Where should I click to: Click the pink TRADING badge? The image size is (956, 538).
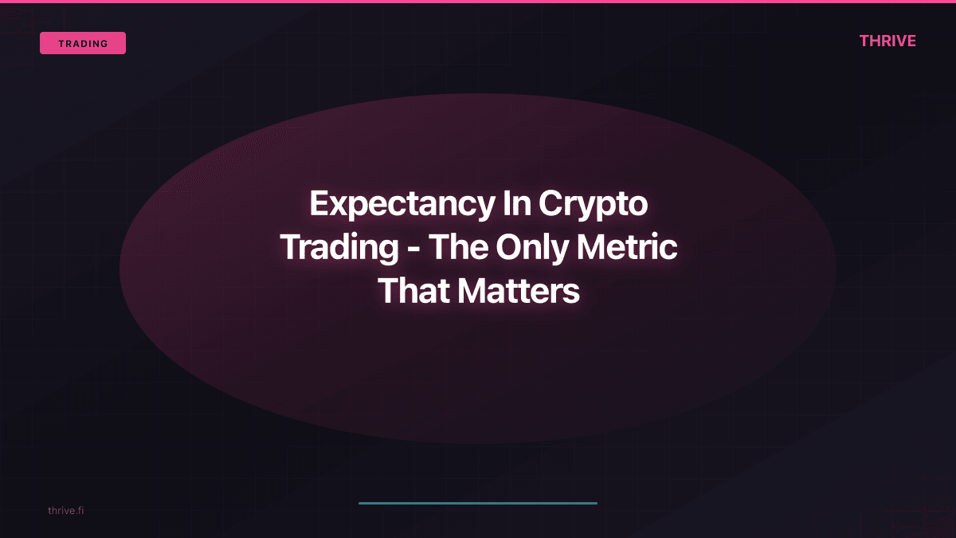click(x=83, y=43)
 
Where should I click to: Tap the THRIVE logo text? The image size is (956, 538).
click(x=887, y=41)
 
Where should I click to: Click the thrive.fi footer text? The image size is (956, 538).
click(x=65, y=510)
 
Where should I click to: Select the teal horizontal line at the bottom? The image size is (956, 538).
click(x=478, y=503)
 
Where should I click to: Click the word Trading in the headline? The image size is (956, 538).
click(x=339, y=248)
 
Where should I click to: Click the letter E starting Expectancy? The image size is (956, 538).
click(x=319, y=204)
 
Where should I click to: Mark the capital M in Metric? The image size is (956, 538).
click(x=596, y=248)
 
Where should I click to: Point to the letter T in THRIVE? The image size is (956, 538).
click(x=865, y=41)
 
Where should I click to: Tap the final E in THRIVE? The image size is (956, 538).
click(x=911, y=41)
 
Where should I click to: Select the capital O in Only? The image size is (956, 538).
click(x=508, y=248)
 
